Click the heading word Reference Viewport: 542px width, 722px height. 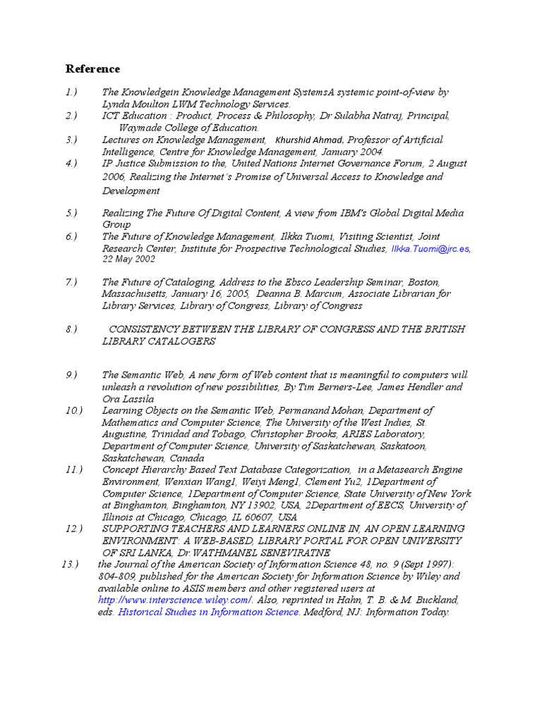[92, 68]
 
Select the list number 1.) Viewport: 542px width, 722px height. [71, 92]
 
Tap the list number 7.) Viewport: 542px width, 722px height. [71, 282]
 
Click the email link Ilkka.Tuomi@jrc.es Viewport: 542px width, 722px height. [430, 249]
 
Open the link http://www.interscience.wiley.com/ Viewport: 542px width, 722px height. [175, 600]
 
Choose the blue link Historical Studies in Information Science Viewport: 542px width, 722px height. [208, 612]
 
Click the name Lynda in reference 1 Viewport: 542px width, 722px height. [116, 104]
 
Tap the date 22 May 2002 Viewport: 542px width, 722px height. [128, 259]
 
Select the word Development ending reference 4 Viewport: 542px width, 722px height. [131, 191]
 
